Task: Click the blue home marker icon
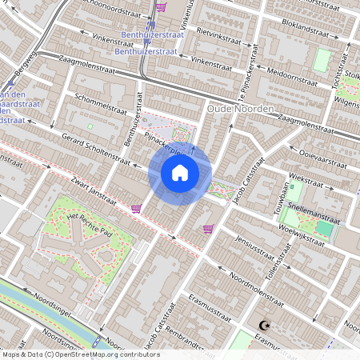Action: (180, 172)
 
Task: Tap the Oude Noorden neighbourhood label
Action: (240, 108)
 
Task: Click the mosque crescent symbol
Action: (264, 326)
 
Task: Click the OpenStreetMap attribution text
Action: (80, 354)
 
